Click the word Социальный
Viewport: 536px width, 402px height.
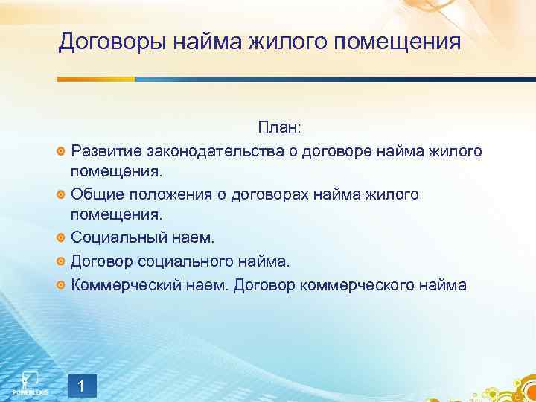point(116,237)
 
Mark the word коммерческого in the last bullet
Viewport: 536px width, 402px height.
point(363,284)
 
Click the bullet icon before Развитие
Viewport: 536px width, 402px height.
point(61,152)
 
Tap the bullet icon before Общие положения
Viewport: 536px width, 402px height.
point(61,194)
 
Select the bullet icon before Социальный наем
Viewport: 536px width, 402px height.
point(61,238)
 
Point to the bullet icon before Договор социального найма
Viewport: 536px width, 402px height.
point(61,261)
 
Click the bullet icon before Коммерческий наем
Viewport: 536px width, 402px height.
point(61,284)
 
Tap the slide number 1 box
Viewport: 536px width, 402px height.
point(82,386)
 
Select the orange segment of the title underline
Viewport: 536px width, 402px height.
point(96,79)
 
